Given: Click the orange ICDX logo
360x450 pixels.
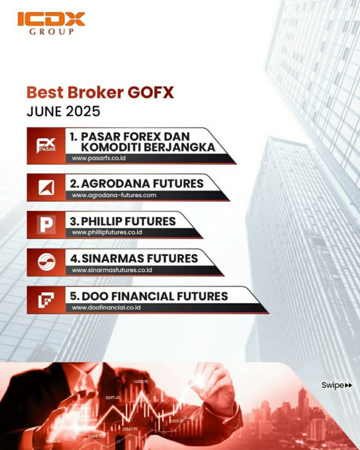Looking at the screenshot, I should [51, 19].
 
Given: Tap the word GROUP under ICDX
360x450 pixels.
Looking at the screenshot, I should [51, 32].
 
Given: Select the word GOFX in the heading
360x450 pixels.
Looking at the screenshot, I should [150, 92].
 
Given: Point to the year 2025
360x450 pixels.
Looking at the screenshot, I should [83, 111].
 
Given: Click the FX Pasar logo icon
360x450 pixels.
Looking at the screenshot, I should [46, 146].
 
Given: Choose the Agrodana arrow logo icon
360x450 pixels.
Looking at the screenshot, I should [46, 187].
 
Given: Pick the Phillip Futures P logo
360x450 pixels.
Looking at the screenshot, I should [46, 225].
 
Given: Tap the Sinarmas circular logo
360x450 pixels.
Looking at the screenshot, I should [46, 262].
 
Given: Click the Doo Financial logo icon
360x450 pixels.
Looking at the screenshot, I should [46, 300].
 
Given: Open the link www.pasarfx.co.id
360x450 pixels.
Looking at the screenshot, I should [99, 158].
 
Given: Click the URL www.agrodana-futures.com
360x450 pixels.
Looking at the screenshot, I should [114, 195].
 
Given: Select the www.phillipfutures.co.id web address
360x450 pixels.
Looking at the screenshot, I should [107, 232].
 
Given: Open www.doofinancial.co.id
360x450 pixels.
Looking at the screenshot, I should [106, 307].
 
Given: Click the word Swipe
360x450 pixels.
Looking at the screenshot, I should [333, 385].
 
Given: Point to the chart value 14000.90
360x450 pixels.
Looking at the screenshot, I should [141, 381].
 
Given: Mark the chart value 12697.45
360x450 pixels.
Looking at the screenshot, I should [112, 398].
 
